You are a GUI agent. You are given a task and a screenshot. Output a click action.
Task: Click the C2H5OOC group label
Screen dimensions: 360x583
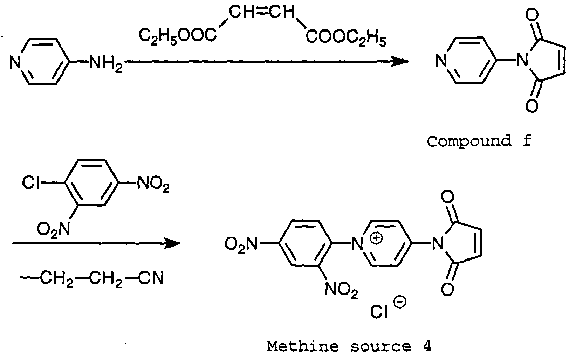click(x=178, y=35)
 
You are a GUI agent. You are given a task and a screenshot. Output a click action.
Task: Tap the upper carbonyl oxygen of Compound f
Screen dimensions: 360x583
click(x=531, y=16)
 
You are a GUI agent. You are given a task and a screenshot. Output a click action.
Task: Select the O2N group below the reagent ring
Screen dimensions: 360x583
click(x=54, y=230)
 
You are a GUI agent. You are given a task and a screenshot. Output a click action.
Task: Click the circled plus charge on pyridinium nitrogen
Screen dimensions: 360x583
click(x=377, y=239)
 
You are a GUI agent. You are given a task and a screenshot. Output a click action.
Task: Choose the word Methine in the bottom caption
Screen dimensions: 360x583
click(x=303, y=346)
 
